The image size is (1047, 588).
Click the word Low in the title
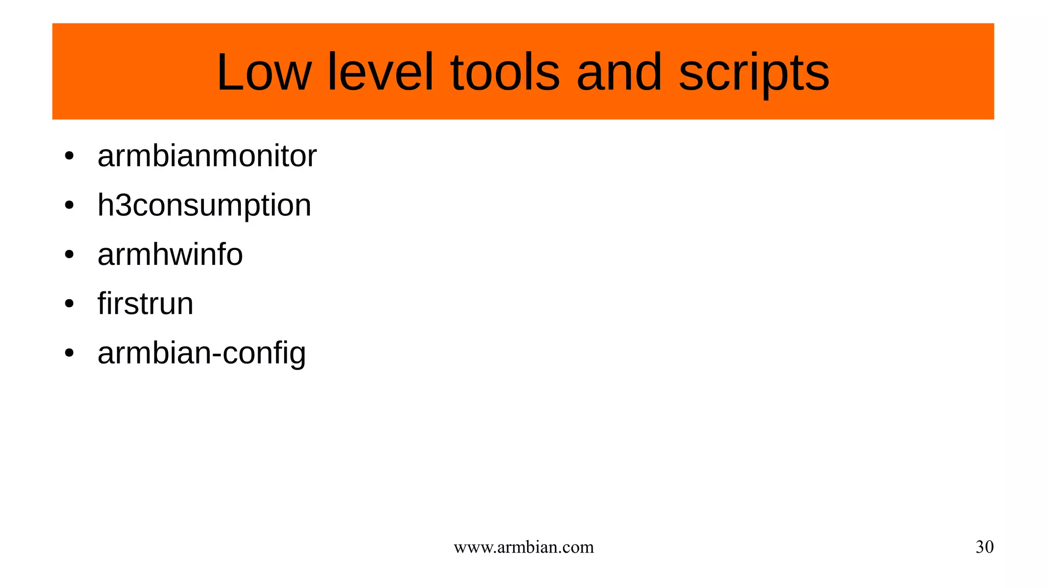coord(263,73)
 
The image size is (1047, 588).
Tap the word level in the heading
coord(380,73)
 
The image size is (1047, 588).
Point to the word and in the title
coord(619,73)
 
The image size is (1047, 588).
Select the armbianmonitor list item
coord(207,156)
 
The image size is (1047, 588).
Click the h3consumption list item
coord(204,206)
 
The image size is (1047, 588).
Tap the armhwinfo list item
coord(170,255)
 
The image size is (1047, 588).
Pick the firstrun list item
coord(145,304)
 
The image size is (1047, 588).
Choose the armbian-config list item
coord(201,353)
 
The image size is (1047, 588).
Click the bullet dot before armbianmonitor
coord(70,156)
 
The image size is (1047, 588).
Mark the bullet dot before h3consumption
coord(70,206)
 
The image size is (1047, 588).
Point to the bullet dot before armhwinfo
coord(70,255)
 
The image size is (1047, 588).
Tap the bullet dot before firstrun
coord(70,304)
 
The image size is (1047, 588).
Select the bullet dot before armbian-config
coord(70,353)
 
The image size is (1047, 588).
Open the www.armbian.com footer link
coord(523,547)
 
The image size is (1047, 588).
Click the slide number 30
coord(984,547)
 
